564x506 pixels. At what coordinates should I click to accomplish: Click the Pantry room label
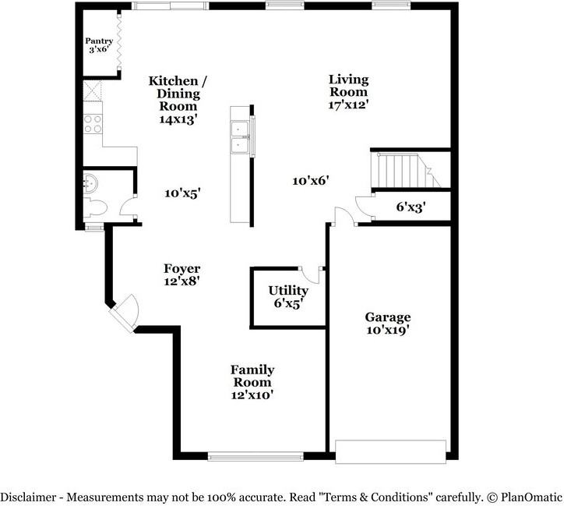(100, 44)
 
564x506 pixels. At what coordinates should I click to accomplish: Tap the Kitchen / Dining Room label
(178, 100)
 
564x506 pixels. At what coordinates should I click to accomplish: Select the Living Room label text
(347, 90)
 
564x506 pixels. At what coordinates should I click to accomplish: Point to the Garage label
(388, 323)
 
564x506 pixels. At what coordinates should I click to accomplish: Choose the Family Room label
(252, 382)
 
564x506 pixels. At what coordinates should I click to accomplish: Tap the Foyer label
(183, 274)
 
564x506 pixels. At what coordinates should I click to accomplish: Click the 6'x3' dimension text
(411, 207)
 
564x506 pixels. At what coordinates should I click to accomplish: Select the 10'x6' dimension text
(311, 181)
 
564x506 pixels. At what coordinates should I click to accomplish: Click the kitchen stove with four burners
(93, 123)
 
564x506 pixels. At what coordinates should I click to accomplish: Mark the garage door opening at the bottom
(390, 451)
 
